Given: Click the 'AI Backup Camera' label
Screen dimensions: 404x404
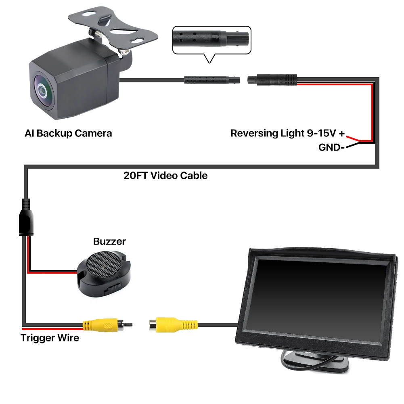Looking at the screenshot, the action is click(x=68, y=133).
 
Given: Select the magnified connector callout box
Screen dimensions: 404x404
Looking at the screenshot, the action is click(x=211, y=40).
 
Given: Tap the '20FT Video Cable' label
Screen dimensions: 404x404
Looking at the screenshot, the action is click(x=165, y=176).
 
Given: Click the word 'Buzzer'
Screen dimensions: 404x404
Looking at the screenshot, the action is click(x=109, y=241).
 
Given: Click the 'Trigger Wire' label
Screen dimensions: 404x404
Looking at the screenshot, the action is click(x=50, y=337).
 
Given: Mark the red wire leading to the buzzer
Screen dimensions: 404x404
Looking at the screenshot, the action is click(x=52, y=271).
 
